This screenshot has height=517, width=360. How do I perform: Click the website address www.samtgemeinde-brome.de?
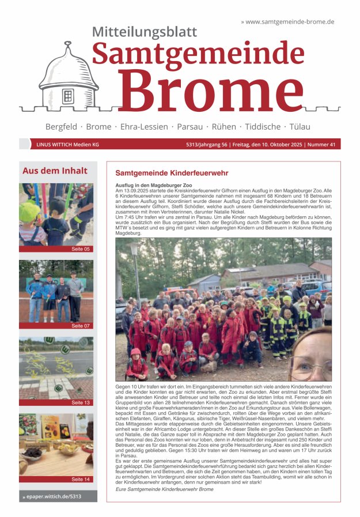pyautogui.click(x=290, y=22)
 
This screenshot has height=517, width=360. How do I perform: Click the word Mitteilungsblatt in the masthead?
pyautogui.click(x=145, y=32)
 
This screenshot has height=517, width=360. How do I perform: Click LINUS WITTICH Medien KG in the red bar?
pyautogui.click(x=67, y=145)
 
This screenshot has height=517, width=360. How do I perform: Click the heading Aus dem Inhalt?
pyautogui.click(x=55, y=171)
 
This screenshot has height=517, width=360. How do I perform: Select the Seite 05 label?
pyautogui.click(x=81, y=249)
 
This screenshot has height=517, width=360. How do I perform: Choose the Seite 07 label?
pyautogui.click(x=81, y=326)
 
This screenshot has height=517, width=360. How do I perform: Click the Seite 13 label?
pyautogui.click(x=81, y=402)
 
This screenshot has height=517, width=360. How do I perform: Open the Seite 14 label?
pyautogui.click(x=81, y=479)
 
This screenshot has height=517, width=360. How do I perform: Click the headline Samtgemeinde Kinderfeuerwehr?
pyautogui.click(x=172, y=172)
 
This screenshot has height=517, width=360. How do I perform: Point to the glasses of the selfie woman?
pyautogui.click(x=311, y=364)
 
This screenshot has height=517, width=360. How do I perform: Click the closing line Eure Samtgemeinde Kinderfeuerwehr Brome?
pyautogui.click(x=164, y=489)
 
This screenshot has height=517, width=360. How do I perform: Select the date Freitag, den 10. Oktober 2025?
pyautogui.click(x=266, y=145)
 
